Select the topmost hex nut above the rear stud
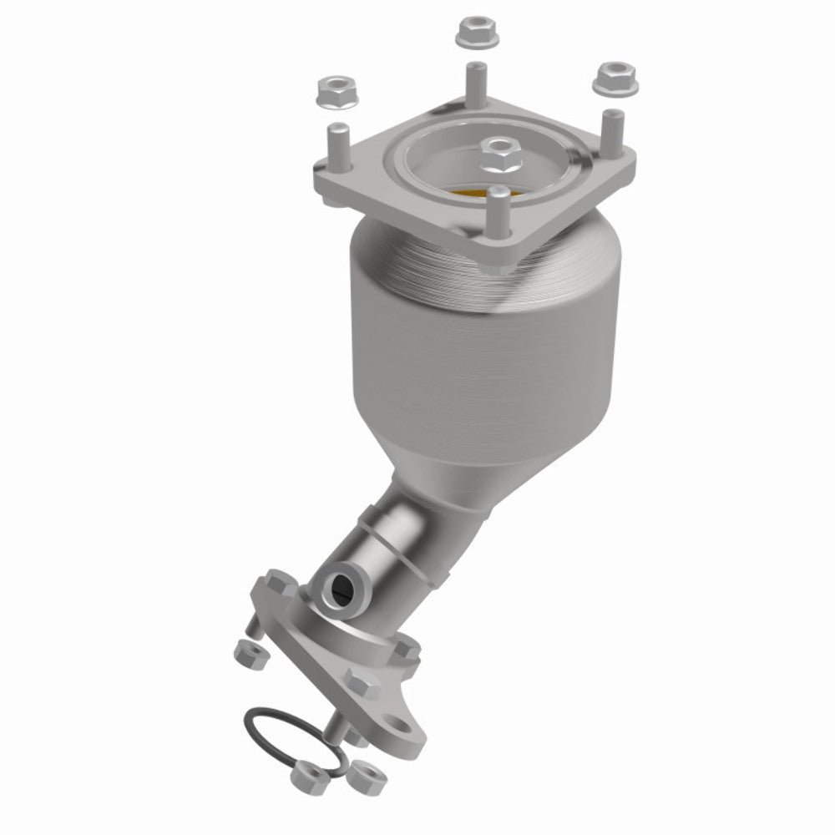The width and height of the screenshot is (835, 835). point(473,33)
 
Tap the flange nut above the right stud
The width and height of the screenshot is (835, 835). point(615,78)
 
